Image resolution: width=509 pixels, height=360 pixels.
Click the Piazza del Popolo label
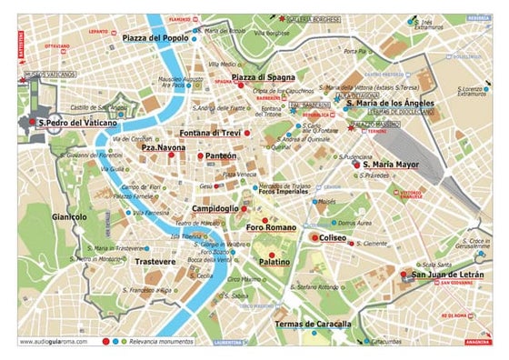click(x=155, y=37)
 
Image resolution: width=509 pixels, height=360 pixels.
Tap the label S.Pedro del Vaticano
click(x=78, y=121)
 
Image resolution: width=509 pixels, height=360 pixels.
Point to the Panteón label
click(x=221, y=156)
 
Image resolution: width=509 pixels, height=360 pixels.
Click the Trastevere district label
click(x=155, y=262)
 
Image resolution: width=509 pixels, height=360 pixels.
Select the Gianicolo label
click(x=70, y=217)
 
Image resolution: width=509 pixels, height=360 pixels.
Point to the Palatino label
click(x=274, y=262)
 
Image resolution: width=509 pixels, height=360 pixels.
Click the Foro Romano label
click(x=272, y=227)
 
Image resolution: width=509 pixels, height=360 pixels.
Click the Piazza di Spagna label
click(x=263, y=77)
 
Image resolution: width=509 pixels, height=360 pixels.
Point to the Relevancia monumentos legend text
click(x=163, y=343)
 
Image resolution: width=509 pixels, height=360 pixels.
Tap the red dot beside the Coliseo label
click(x=314, y=237)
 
